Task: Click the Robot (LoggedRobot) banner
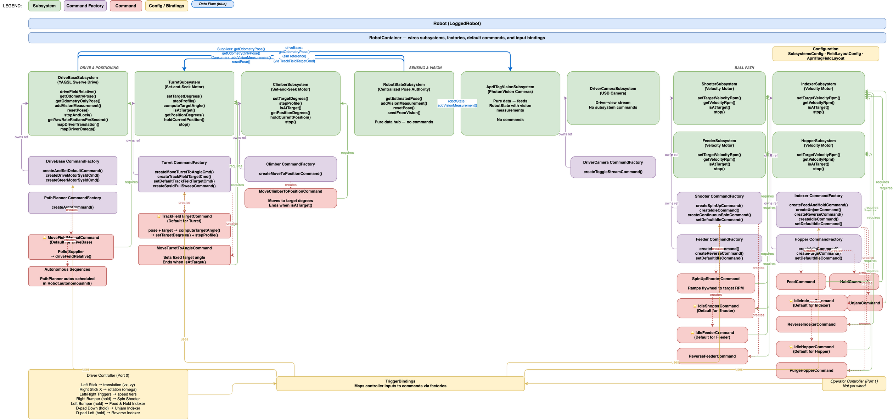pos(457,23)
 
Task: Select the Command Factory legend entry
pos(85,6)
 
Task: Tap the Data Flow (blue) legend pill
pos(213,4)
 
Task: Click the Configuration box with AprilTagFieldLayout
pos(825,54)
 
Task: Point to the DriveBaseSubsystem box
pos(78,103)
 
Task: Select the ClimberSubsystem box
pos(290,103)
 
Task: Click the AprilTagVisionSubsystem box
pos(510,103)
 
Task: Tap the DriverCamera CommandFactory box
pos(613,167)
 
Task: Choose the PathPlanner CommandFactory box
pos(73,203)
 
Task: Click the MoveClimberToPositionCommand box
pos(290,198)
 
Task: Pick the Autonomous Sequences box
pos(67,276)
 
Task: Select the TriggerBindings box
pos(400,383)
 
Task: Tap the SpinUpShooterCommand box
pos(715,283)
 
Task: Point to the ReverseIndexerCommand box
pos(811,324)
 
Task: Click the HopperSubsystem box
pos(818,155)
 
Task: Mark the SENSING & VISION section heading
pos(425,68)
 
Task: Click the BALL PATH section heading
pos(744,68)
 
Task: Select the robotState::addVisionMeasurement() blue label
pos(457,103)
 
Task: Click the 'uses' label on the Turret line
pos(184,339)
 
